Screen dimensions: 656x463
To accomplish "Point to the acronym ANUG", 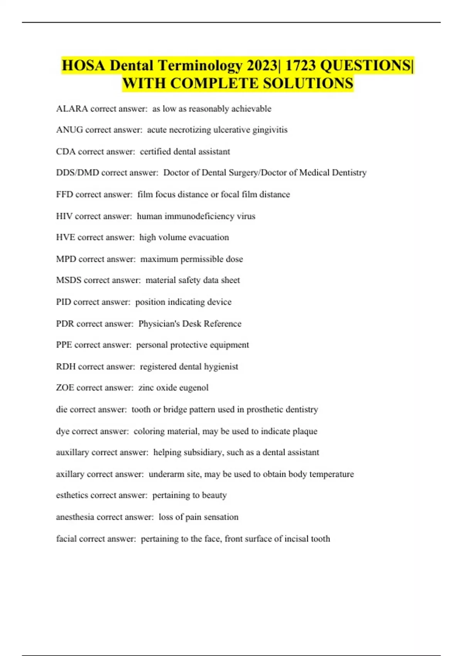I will pyautogui.click(x=69, y=130).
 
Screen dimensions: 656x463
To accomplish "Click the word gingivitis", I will pyautogui.click(x=270, y=130).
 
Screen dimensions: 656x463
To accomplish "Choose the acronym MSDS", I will pyautogui.click(x=69, y=280).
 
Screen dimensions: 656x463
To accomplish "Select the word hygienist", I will pyautogui.click(x=220, y=367).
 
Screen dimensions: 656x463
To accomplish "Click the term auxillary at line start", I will pyautogui.click(x=72, y=452).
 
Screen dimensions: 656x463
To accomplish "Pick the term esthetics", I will pyautogui.click(x=72, y=495).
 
